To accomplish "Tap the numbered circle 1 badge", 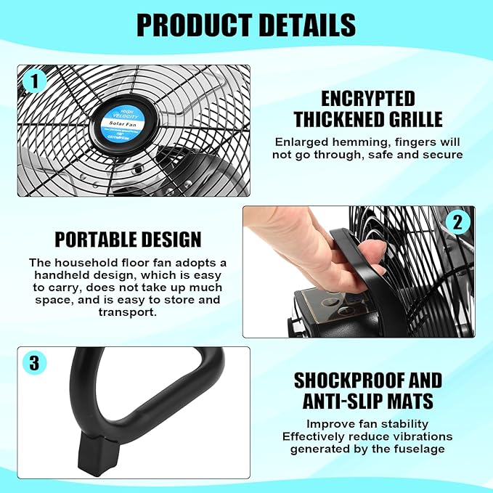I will [x=33, y=81].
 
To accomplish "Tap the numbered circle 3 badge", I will [x=33, y=362].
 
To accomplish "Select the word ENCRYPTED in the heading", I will [x=368, y=99].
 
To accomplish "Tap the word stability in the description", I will [x=399, y=424].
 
